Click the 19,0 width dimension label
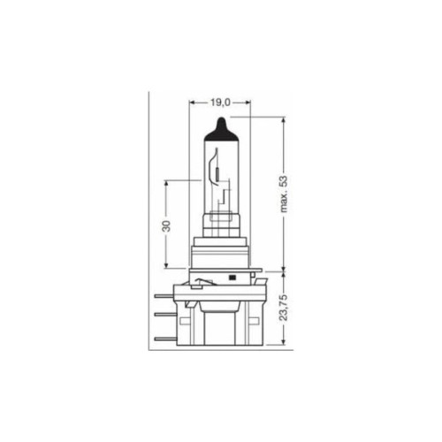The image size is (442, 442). coord(220,103)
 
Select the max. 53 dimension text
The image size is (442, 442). coord(284,194)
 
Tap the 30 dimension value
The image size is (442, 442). coord(165,225)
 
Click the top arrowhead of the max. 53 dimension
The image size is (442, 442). coord(284,119)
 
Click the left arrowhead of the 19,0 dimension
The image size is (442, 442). coord(192,103)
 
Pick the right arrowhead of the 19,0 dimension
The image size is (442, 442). coord(248,103)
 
